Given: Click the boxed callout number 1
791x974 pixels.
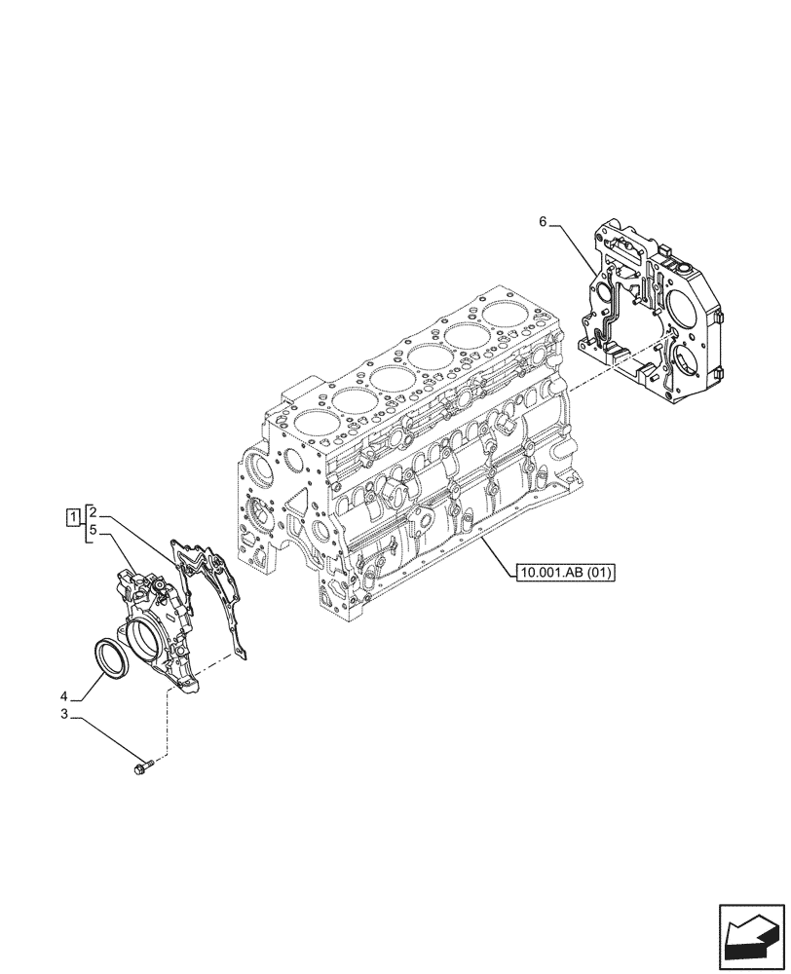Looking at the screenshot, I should tap(73, 515).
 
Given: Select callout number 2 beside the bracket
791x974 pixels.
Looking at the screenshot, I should tap(92, 509).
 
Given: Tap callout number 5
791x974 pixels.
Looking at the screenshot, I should tap(92, 530).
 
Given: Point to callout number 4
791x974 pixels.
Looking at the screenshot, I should tap(63, 696).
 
